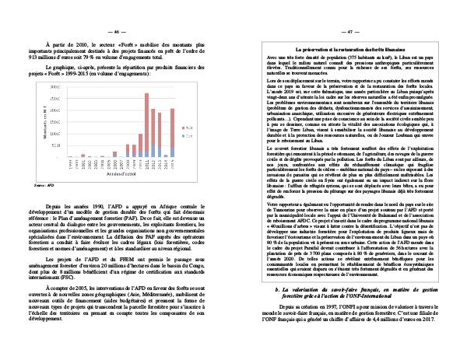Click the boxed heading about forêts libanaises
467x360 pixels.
click(348, 48)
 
